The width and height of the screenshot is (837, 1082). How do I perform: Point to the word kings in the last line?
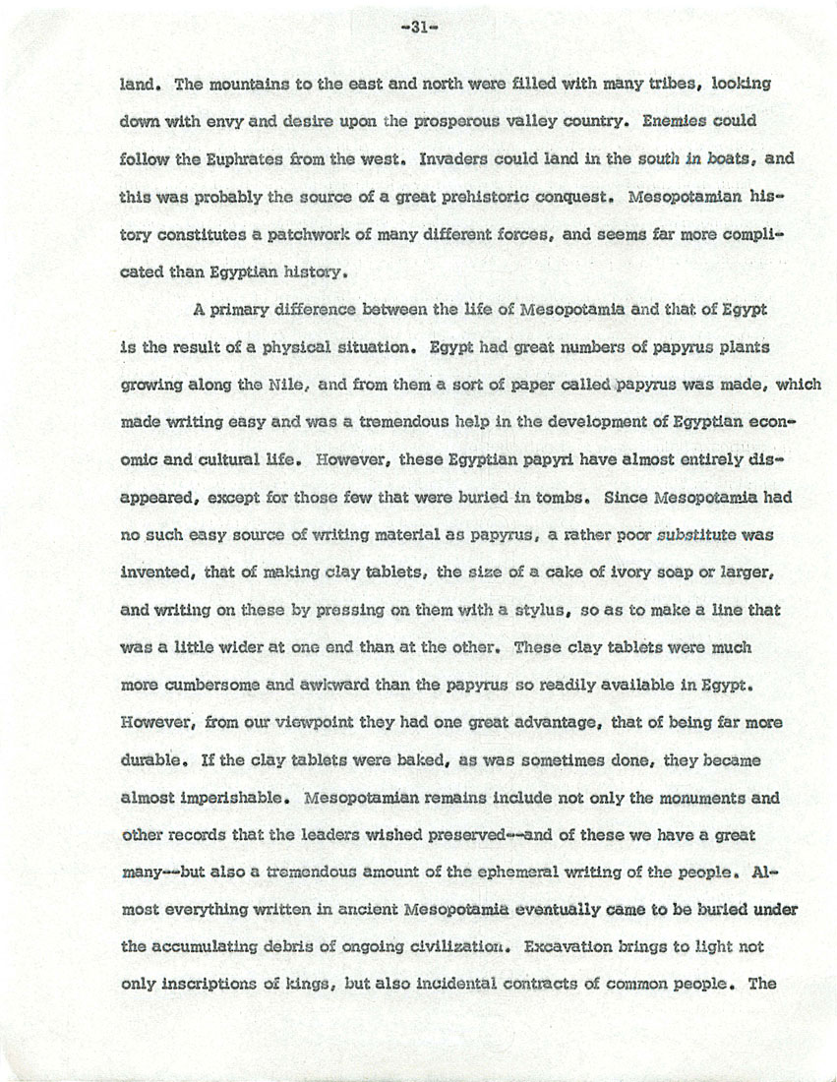250,985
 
